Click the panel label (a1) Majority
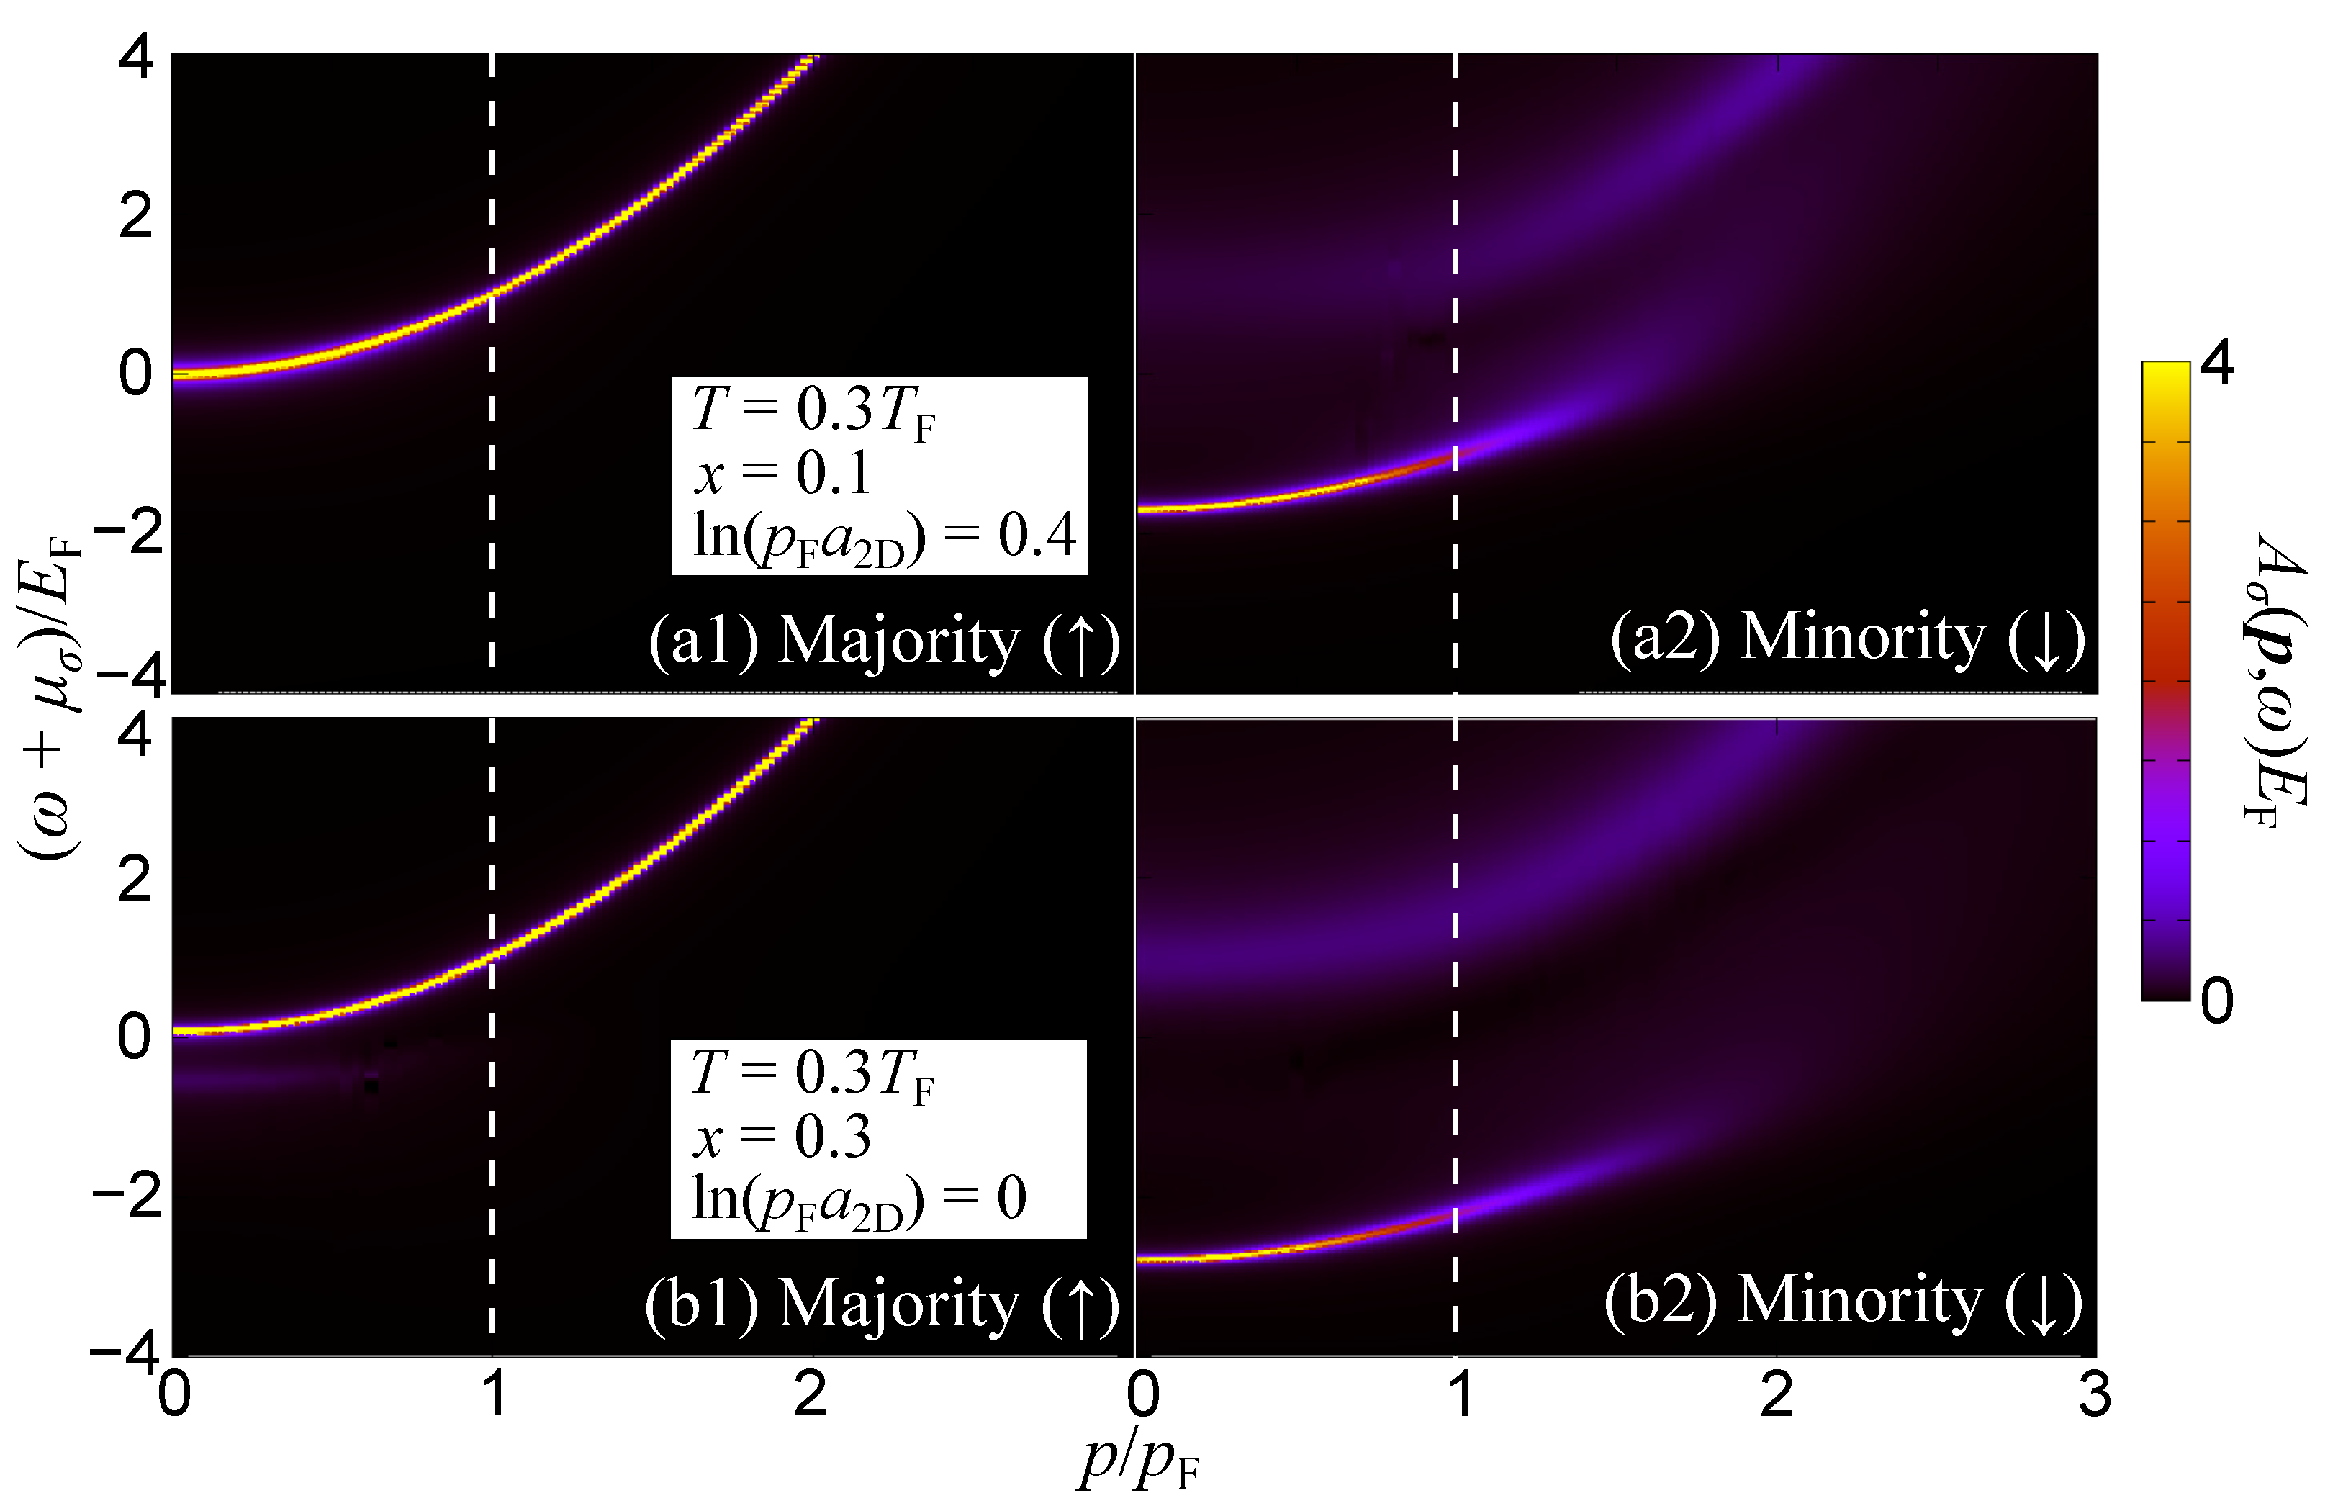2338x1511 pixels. (x=883, y=643)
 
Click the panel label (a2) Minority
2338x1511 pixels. (x=1846, y=639)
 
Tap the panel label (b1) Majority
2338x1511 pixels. (x=881, y=1306)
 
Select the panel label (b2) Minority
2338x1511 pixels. (x=1843, y=1302)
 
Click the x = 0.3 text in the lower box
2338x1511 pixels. (x=781, y=1136)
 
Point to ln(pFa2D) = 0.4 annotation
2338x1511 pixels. (x=883, y=538)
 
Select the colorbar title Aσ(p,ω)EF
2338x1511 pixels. (x=2276, y=682)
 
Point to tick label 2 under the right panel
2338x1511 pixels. (x=1777, y=1394)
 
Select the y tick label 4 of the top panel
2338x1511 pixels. (x=135, y=59)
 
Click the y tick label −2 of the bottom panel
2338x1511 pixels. (x=125, y=1196)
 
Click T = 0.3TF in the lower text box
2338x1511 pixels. (x=811, y=1073)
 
